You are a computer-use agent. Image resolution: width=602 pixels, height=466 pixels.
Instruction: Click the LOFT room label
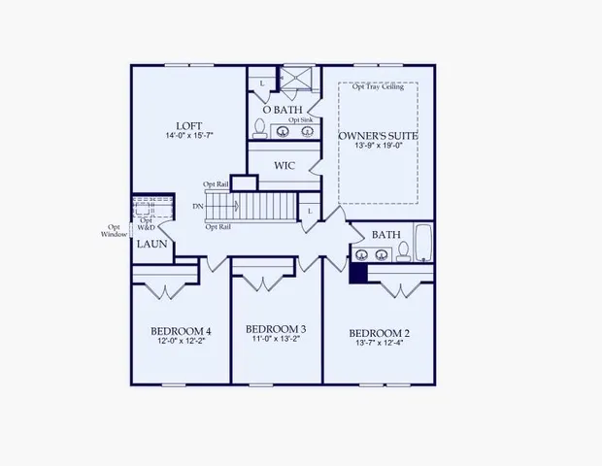tap(187, 125)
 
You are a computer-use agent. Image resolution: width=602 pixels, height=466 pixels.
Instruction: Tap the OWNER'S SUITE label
tap(378, 135)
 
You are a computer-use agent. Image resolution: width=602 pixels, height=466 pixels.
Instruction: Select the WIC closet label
tap(284, 165)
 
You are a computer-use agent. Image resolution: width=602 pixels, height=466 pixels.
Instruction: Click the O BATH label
tap(284, 109)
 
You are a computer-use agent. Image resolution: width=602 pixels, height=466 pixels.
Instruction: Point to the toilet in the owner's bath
tap(260, 128)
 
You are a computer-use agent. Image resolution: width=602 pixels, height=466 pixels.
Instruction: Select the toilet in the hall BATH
tap(402, 252)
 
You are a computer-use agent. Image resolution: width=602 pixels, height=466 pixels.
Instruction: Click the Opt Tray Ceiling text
tap(379, 87)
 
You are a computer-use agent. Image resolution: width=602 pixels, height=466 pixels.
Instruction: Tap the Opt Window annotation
tap(113, 233)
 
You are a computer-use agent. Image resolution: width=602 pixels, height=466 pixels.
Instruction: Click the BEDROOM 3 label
tap(276, 328)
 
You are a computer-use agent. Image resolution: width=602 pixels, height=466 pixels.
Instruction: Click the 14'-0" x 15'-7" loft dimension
tap(187, 138)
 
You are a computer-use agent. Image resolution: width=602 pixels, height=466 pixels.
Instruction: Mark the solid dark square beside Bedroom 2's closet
tap(357, 274)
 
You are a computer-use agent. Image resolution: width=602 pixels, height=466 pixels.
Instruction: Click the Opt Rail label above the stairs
tap(215, 184)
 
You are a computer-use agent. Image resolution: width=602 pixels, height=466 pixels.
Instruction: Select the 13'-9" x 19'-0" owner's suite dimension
tap(378, 148)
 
